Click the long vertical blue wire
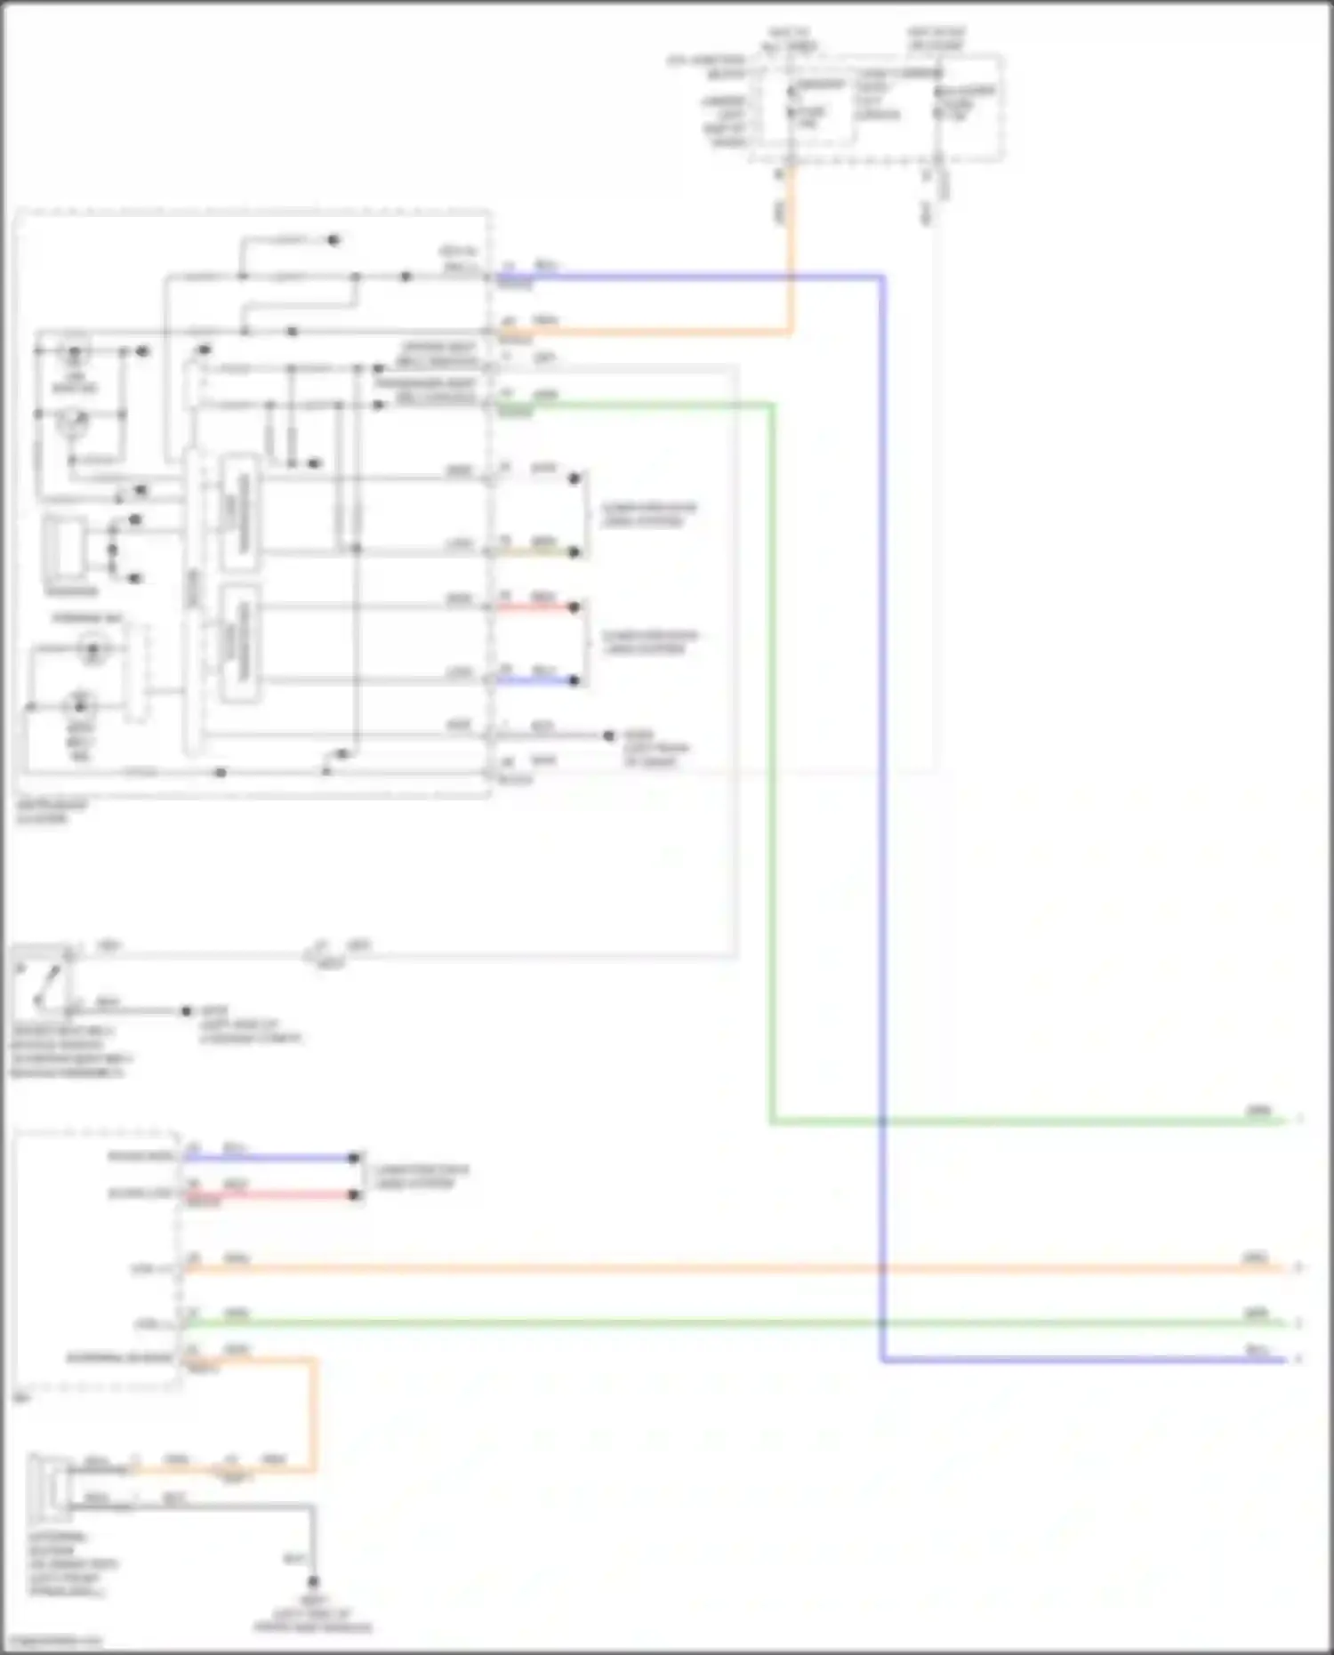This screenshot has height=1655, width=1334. pyautogui.click(x=882, y=800)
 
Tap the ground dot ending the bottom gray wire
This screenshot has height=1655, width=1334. pyautogui.click(x=312, y=1582)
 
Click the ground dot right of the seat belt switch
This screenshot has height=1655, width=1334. pyautogui.click(x=186, y=1011)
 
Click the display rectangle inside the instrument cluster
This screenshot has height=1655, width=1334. pyautogui.click(x=66, y=544)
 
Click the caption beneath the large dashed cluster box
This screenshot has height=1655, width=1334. pyautogui.click(x=52, y=811)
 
